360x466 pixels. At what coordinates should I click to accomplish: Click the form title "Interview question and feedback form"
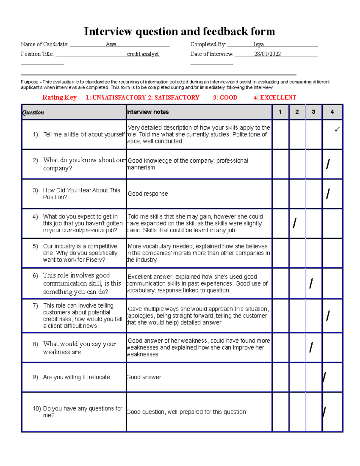[x=179, y=32]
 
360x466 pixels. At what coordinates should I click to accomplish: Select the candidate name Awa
[x=111, y=44]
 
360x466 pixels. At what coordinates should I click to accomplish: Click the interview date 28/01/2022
[x=267, y=54]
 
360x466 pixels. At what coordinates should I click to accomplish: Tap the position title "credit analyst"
[x=143, y=54]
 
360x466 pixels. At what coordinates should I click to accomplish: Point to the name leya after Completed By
[x=259, y=44]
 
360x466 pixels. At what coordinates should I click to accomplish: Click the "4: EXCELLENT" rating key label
[x=275, y=98]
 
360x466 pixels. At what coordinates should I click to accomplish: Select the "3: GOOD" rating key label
[x=225, y=98]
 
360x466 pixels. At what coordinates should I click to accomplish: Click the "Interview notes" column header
[x=148, y=112]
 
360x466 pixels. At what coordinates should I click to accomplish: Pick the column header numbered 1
[x=280, y=112]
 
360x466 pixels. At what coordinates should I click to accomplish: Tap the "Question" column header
[x=33, y=113]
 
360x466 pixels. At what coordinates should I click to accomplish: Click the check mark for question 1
[x=337, y=130]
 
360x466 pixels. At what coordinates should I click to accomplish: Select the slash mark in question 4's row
[x=295, y=223]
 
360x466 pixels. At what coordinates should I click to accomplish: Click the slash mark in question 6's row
[x=311, y=283]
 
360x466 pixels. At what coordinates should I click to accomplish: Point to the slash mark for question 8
[x=311, y=347]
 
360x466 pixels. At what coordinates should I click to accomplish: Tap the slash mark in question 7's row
[x=328, y=316]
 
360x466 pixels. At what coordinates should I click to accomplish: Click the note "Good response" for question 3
[x=148, y=194]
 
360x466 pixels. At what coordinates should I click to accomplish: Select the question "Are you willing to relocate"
[x=76, y=377]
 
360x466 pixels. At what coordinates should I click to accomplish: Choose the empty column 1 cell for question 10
[x=280, y=412]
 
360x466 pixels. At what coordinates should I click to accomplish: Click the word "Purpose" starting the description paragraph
[x=29, y=82]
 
